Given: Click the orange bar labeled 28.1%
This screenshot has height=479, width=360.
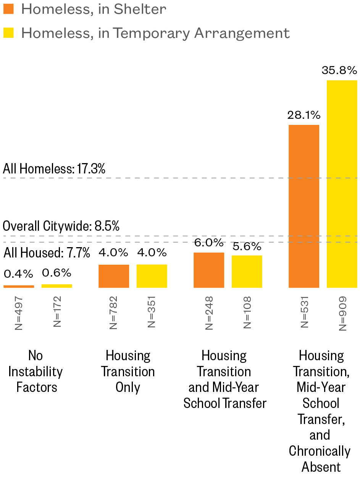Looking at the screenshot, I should [304, 206].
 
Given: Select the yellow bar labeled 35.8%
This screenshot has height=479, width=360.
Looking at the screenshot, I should [342, 184].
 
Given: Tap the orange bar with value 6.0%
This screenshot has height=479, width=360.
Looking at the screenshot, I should [209, 270].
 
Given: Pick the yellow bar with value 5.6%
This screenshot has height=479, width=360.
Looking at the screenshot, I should [247, 272].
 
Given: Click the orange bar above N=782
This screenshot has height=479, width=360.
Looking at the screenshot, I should [114, 276].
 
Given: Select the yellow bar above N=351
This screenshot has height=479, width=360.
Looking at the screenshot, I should [152, 276].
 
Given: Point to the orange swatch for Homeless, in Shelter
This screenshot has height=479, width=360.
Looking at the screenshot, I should [8, 9].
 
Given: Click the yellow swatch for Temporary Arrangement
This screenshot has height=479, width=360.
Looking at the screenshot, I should [8, 33].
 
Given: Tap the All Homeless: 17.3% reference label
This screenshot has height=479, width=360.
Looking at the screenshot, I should [54, 169].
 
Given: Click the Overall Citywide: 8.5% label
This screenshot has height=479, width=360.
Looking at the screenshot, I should [61, 226].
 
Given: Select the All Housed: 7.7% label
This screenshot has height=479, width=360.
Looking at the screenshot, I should [47, 253].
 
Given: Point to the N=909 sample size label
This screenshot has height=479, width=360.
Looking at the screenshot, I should [342, 314].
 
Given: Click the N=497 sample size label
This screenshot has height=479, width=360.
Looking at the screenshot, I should [19, 313].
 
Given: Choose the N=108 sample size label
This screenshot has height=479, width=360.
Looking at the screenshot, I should [247, 313].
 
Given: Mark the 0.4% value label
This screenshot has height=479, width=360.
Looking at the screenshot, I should [18, 274].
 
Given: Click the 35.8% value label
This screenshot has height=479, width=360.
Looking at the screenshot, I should [339, 70].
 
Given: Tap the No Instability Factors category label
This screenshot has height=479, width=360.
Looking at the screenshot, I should [36, 371].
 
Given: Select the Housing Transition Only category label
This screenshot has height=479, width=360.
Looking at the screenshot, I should [128, 371].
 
